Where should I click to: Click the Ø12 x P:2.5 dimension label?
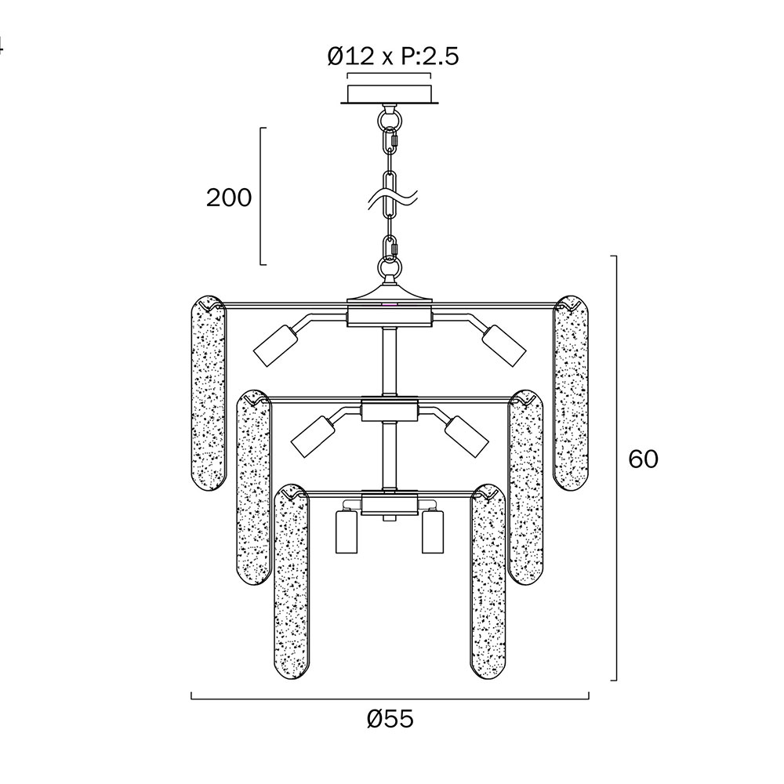pos(393,56)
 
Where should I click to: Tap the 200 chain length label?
pos(229,198)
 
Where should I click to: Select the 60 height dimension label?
pos(644,459)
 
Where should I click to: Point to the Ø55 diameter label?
pos(390,719)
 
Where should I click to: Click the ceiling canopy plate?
pos(390,95)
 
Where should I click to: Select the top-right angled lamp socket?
pos(504,346)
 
